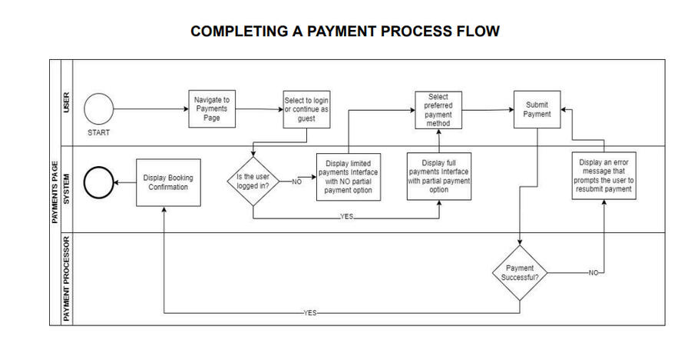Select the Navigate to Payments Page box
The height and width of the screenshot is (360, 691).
(x=211, y=109)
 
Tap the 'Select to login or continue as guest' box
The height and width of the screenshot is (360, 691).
(x=306, y=109)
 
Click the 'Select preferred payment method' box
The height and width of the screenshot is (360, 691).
(x=438, y=109)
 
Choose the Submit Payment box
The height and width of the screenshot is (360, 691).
(x=537, y=109)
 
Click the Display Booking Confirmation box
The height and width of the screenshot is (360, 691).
(x=168, y=182)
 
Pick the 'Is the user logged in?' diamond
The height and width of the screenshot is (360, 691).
(x=253, y=182)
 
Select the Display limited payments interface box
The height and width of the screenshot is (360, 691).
(x=349, y=177)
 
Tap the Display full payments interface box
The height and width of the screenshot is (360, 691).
(x=439, y=177)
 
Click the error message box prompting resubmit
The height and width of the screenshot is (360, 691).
(x=604, y=176)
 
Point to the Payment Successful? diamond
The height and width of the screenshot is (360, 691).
(x=521, y=272)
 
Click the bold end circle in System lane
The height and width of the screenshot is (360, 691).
(x=98, y=182)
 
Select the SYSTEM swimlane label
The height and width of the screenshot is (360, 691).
(x=67, y=188)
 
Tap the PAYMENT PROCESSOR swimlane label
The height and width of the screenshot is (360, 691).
(x=67, y=278)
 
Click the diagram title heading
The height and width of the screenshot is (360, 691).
(x=345, y=32)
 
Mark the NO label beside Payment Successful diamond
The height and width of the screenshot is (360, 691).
(x=592, y=272)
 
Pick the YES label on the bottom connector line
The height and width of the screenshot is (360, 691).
(x=310, y=313)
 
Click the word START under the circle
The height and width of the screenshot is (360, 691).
(x=98, y=132)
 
